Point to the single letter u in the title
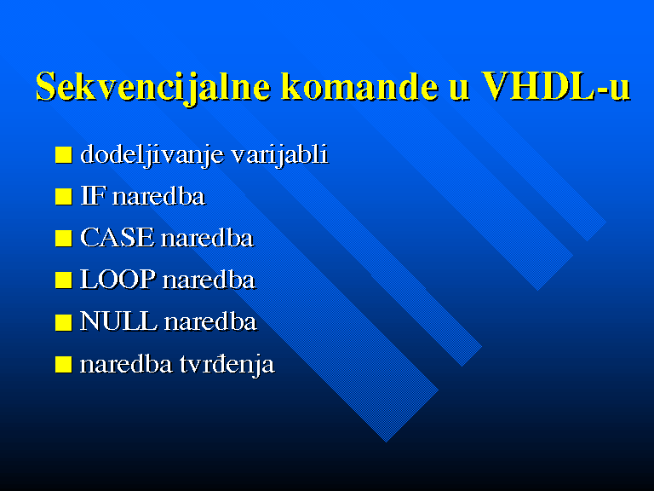click(459, 90)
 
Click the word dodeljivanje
click(152, 154)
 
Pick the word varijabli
click(279, 154)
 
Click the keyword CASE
click(117, 238)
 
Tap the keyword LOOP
click(118, 280)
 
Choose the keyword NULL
click(119, 321)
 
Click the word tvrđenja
click(227, 364)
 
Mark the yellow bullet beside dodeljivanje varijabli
click(63, 154)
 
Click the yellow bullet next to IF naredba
click(63, 196)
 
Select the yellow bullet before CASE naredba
click(63, 238)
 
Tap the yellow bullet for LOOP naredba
click(63, 280)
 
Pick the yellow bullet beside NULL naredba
click(63, 322)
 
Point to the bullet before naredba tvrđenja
click(63, 364)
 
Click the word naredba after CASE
click(207, 238)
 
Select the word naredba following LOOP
click(209, 280)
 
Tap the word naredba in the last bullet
click(126, 364)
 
